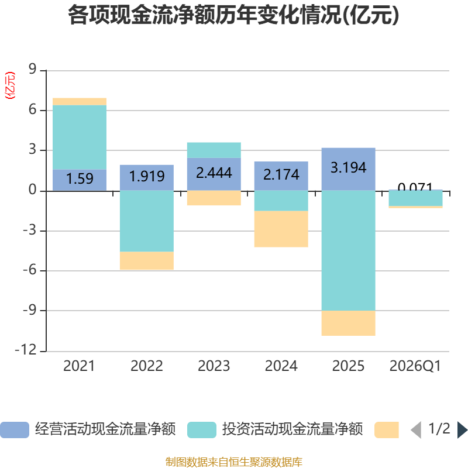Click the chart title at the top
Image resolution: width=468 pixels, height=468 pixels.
point(233,15)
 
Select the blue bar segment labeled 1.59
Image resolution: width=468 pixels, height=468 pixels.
point(80,180)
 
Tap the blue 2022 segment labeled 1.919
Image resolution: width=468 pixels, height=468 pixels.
point(147,178)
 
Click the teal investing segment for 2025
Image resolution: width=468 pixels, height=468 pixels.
point(348,250)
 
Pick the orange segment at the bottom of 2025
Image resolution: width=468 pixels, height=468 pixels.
point(348,324)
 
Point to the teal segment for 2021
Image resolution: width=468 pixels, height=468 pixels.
point(80,137)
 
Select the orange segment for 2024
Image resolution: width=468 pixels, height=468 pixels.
point(281,229)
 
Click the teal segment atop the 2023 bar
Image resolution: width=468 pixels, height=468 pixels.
point(214,150)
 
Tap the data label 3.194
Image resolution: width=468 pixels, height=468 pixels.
point(348,167)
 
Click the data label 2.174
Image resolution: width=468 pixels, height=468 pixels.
point(281,174)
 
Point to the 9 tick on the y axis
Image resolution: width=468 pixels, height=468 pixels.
point(32,69)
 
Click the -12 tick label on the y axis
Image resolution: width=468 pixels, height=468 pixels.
point(26,350)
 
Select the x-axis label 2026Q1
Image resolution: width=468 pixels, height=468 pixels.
point(415,366)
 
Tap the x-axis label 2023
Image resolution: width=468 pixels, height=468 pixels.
point(214,366)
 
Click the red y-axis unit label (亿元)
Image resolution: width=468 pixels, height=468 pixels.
point(10,85)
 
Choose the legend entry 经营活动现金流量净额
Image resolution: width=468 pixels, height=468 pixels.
point(88,429)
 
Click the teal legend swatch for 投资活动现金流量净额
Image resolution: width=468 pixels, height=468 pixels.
point(202,430)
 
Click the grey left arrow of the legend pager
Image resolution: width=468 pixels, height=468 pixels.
point(416,430)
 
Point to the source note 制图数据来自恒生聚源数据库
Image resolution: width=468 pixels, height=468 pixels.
point(234,462)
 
